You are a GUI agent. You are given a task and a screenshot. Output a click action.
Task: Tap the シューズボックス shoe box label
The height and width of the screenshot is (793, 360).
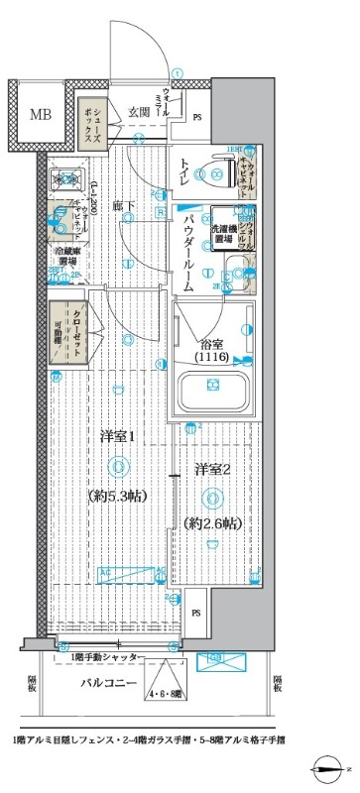pos(89,121)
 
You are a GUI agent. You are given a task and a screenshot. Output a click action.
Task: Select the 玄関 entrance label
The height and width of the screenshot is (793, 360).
pos(138,113)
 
